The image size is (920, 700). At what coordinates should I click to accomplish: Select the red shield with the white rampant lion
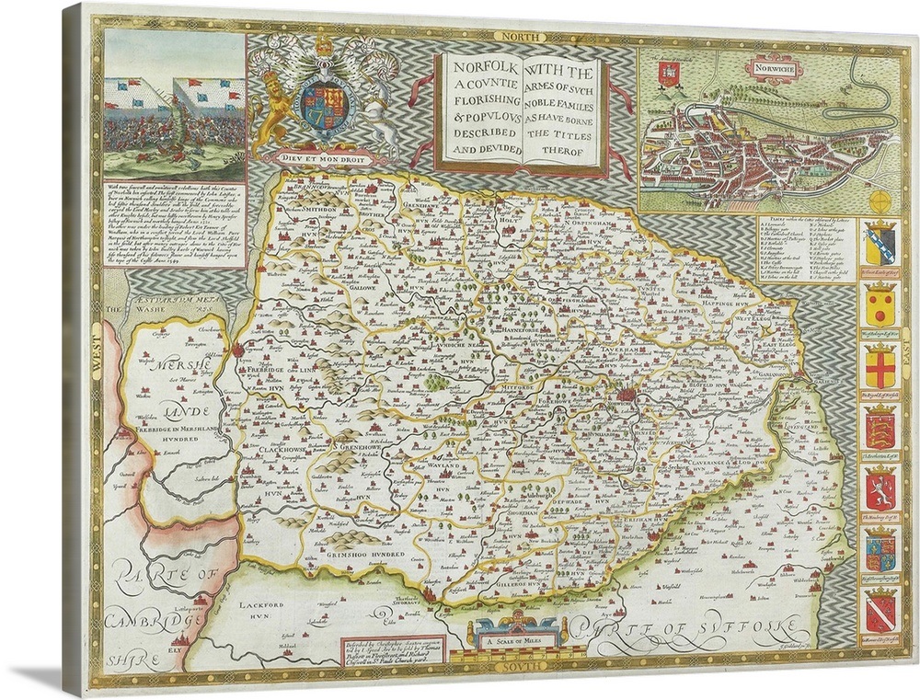point(880,489)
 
